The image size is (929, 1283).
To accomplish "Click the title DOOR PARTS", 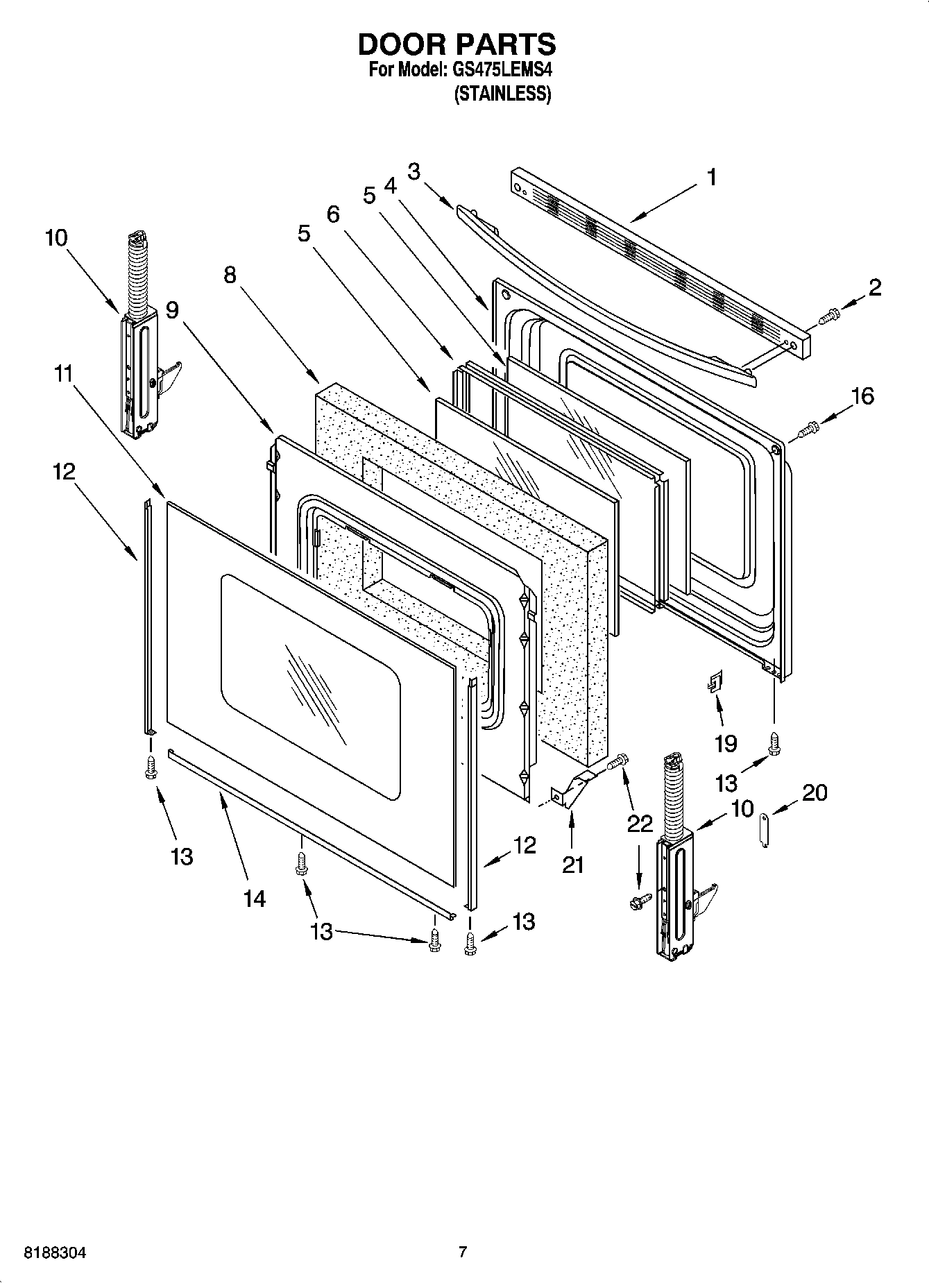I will [x=457, y=44].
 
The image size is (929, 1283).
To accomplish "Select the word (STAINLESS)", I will [x=502, y=94].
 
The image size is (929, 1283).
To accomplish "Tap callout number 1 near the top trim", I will [x=712, y=177].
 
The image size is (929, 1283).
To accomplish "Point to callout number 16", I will [x=862, y=396].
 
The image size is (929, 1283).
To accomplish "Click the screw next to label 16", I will [x=808, y=430].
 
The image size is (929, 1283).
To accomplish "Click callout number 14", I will [x=254, y=899].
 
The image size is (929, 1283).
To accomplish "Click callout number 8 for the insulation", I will [x=230, y=275].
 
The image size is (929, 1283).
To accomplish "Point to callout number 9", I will [x=172, y=309].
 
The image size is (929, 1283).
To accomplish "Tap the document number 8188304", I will [x=56, y=1253].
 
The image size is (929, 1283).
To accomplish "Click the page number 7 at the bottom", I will [x=463, y=1252].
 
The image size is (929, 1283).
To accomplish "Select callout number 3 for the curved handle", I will [x=414, y=171].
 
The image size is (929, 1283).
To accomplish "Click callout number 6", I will [x=333, y=214].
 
